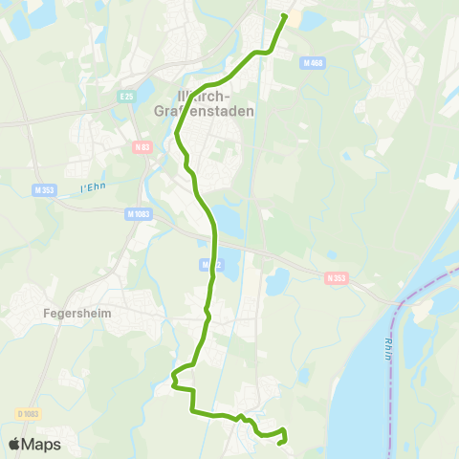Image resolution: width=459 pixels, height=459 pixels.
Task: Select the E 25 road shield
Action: [125, 96]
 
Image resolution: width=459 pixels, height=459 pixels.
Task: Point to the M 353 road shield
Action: [43, 189]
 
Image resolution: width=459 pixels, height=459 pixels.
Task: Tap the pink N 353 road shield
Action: [335, 278]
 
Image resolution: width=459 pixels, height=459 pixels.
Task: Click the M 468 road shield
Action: [311, 63]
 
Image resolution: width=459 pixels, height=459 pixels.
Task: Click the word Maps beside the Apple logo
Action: [42, 444]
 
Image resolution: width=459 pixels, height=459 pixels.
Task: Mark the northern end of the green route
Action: [284, 16]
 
